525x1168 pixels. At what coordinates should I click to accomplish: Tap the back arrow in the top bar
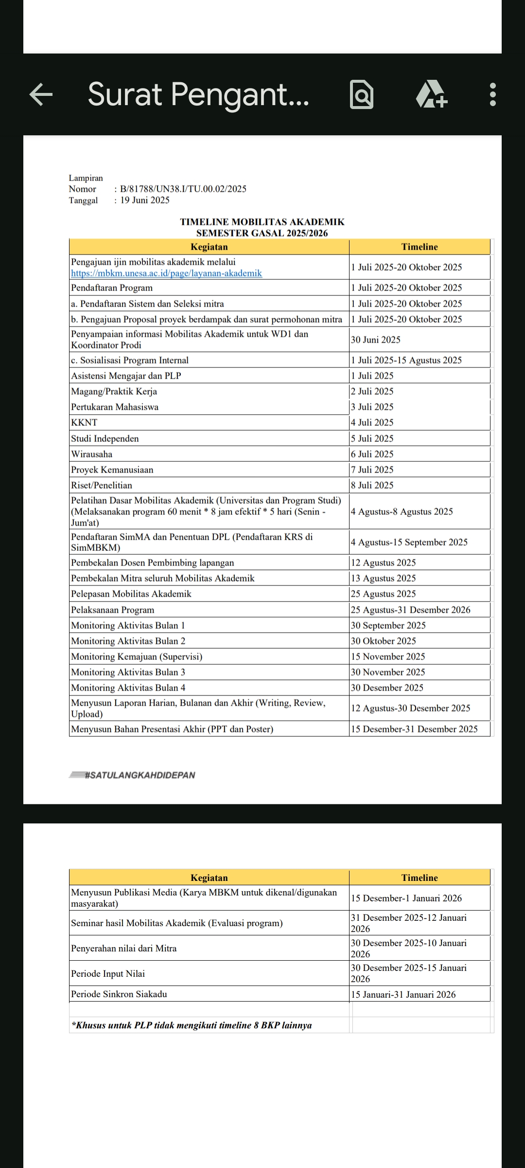(x=41, y=94)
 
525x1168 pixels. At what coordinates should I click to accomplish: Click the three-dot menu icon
(x=492, y=94)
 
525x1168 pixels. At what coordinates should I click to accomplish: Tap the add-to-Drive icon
(x=431, y=94)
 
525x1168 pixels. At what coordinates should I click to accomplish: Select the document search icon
(x=362, y=94)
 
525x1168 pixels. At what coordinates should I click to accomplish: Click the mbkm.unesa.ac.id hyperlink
(x=166, y=274)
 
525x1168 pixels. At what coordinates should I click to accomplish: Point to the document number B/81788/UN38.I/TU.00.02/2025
(x=183, y=189)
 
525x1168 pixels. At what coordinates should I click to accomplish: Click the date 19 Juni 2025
(x=145, y=200)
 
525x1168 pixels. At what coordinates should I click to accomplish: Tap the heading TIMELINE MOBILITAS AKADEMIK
(x=262, y=222)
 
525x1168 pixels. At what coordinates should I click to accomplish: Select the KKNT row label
(x=84, y=422)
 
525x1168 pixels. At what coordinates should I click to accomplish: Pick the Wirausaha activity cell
(x=92, y=454)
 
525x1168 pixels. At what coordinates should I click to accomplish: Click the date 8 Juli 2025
(x=372, y=485)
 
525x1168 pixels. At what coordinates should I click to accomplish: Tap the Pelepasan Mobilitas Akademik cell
(x=131, y=594)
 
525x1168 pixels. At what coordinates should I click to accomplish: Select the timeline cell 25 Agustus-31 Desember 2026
(x=411, y=610)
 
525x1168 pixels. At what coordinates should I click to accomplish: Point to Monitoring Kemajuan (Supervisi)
(x=137, y=657)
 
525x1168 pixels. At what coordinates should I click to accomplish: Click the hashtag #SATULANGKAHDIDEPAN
(x=140, y=775)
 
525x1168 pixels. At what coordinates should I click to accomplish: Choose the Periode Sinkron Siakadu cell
(x=119, y=994)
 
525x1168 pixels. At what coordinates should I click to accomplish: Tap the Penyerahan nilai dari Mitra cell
(x=124, y=949)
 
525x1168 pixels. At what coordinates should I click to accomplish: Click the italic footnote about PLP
(x=192, y=1025)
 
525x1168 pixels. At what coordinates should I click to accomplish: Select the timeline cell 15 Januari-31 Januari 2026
(x=403, y=995)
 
